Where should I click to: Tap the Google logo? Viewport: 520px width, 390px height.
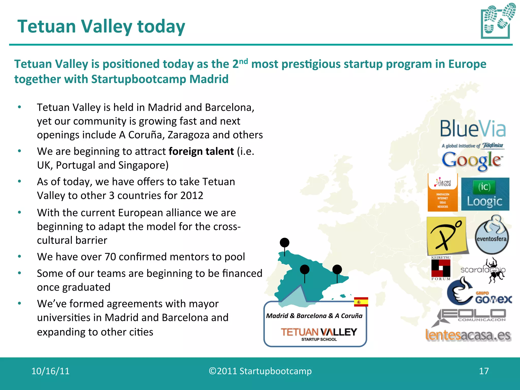(472, 161)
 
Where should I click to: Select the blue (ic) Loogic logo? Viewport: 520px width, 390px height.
(485, 194)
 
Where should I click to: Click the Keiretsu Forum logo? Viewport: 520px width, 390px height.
(441, 268)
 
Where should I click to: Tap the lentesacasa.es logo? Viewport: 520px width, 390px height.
(468, 335)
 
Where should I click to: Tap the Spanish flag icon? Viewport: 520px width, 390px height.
(361, 302)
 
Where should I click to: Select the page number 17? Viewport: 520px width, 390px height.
(484, 371)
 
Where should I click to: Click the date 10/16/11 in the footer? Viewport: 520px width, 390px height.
(50, 371)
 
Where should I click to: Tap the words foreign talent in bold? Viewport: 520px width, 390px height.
(201, 152)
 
